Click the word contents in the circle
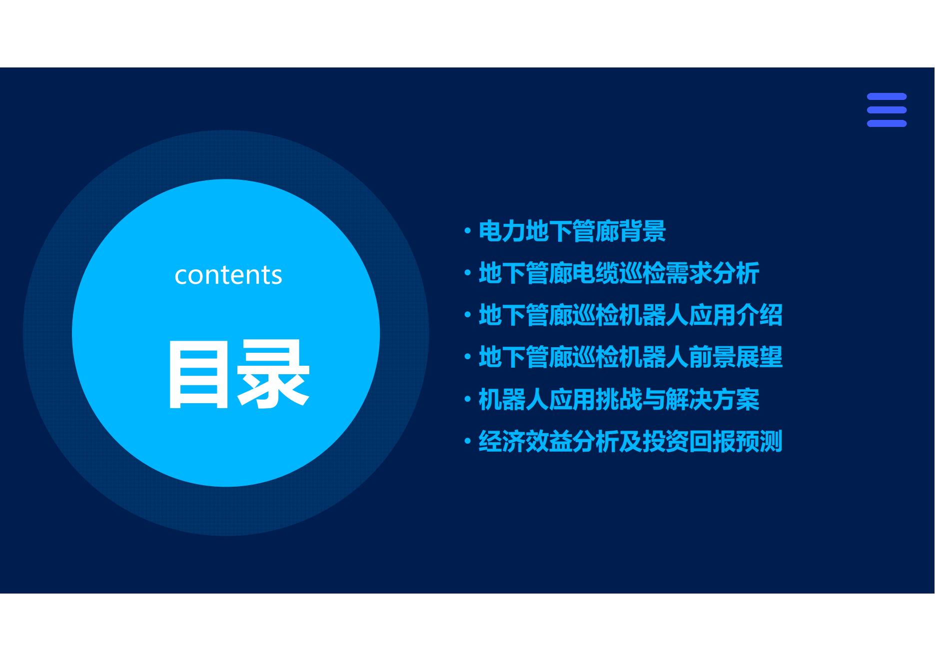pos(228,275)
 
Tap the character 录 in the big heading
pos(273,374)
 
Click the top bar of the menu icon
pos(887,96)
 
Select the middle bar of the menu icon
pos(887,110)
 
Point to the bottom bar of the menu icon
pos(887,123)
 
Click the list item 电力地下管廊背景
pos(572,231)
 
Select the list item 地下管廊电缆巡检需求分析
pos(619,273)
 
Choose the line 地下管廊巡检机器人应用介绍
pos(631,315)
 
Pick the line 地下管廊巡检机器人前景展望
pos(631,357)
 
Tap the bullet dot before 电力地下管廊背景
pos(468,231)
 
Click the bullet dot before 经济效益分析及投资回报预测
pos(468,441)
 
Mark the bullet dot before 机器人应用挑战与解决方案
pos(468,399)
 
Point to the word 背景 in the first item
pos(643,231)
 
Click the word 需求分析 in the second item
pos(713,273)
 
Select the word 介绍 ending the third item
pos(760,315)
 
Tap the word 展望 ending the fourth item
pos(760,357)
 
